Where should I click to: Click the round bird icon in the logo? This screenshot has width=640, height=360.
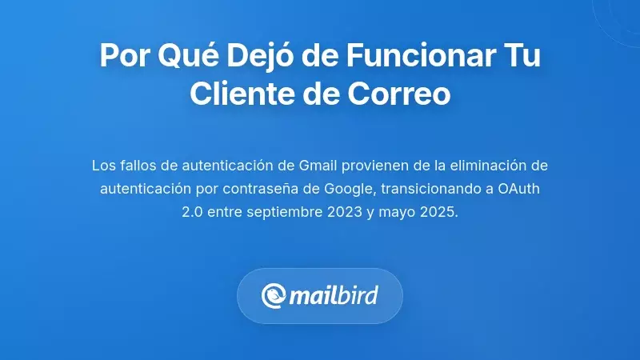(x=274, y=296)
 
